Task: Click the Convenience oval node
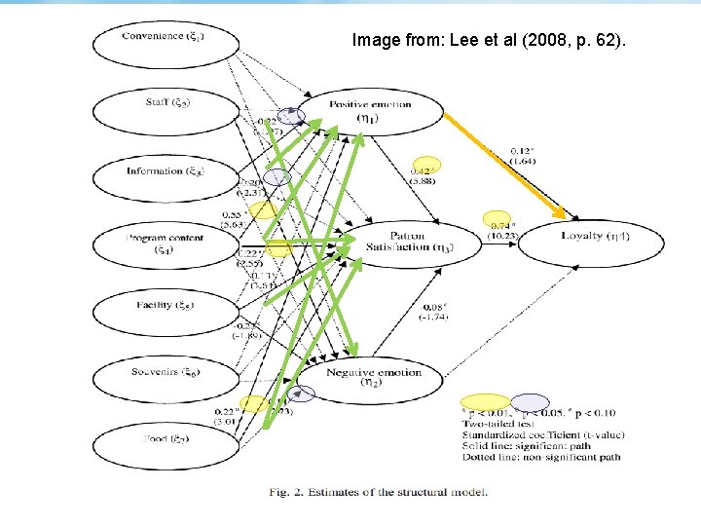(x=164, y=39)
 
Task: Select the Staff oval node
(x=164, y=103)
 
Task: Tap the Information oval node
(x=164, y=172)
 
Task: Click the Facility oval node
(x=164, y=307)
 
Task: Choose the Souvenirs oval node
(x=164, y=373)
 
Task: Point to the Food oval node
(x=164, y=439)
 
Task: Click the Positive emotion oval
(x=370, y=111)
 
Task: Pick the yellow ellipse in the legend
(x=486, y=402)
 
